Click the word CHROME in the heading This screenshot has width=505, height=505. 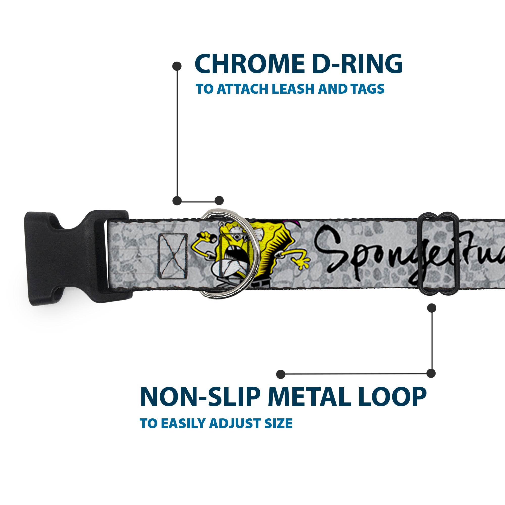tap(248, 64)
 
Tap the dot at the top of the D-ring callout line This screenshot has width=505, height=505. tap(177, 66)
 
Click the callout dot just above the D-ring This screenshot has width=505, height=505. tap(219, 201)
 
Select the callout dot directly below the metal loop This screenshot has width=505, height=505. tap(432, 308)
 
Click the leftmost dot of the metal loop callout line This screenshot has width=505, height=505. tap(281, 374)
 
